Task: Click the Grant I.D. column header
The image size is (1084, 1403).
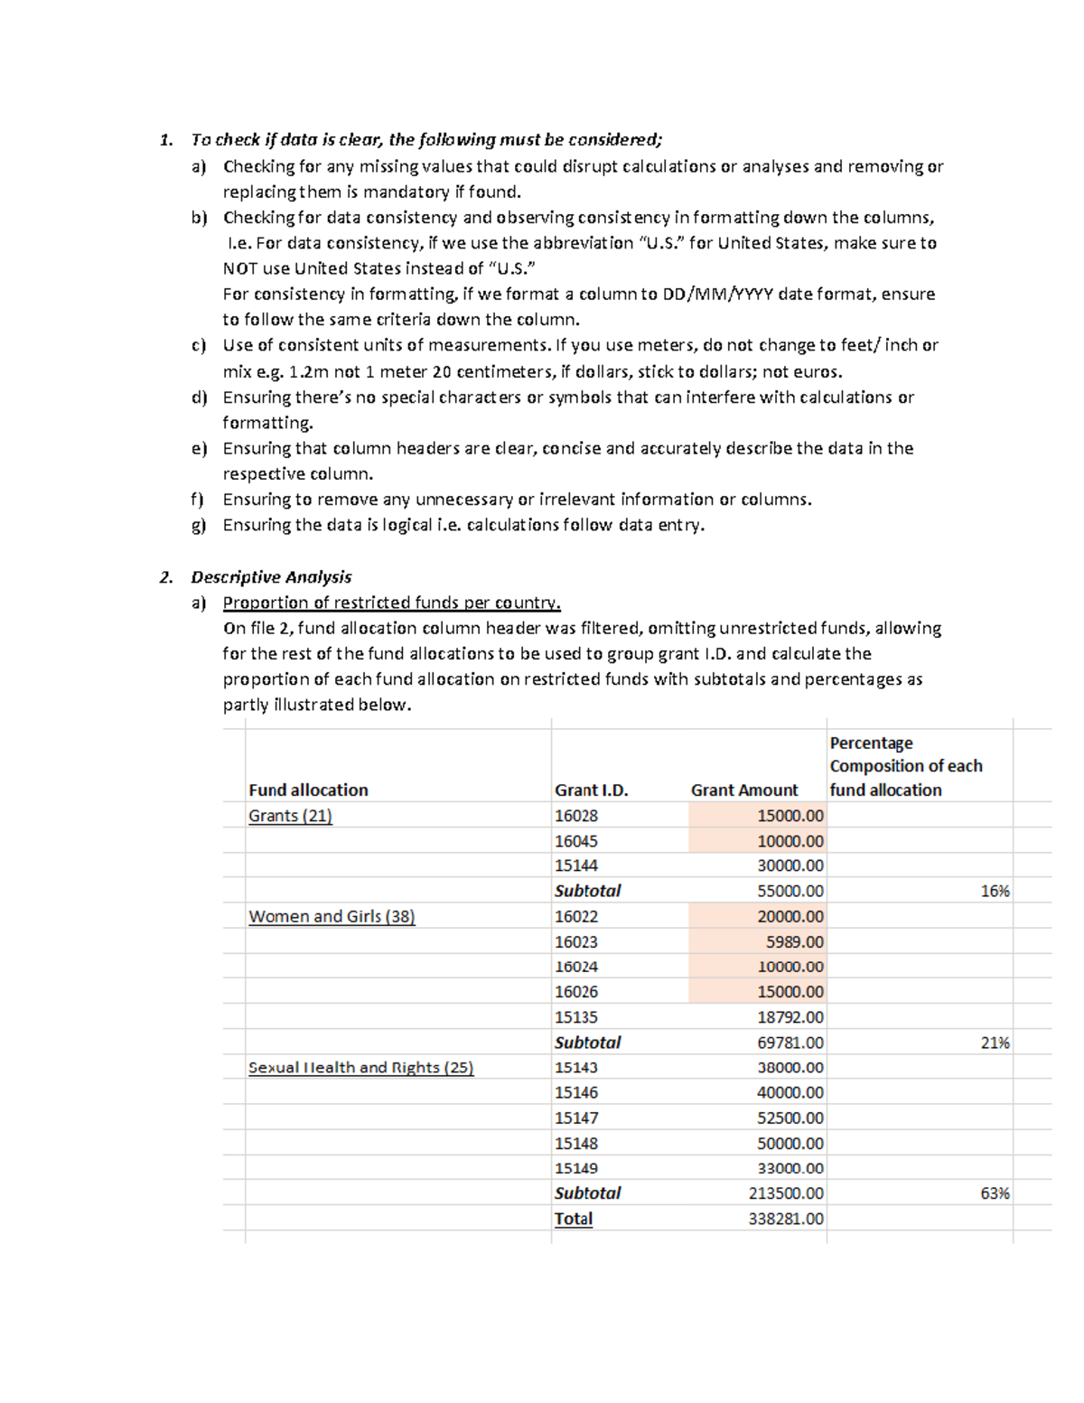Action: [x=591, y=790]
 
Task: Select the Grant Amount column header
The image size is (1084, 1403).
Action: [x=743, y=790]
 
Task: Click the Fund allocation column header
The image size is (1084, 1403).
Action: [x=308, y=790]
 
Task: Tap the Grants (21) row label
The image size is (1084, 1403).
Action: [x=290, y=816]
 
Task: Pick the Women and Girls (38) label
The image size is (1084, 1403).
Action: [x=332, y=916]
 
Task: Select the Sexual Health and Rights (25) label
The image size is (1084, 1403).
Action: [x=360, y=1067]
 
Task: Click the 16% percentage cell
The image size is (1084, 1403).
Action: [x=995, y=891]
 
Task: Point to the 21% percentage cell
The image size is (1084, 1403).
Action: [x=995, y=1043]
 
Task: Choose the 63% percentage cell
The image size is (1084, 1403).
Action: [x=995, y=1193]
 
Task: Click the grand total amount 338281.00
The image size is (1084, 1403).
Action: [x=786, y=1219]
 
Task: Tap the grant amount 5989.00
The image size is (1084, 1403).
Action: [x=794, y=941]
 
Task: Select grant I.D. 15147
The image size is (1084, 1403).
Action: [x=576, y=1118]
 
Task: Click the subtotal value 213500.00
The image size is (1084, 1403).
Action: [x=786, y=1193]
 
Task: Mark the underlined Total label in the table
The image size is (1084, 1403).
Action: [x=574, y=1219]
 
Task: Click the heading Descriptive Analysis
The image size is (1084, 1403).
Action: [x=271, y=576]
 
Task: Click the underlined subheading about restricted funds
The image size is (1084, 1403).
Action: [x=391, y=603]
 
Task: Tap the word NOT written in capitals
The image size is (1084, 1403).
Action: [x=240, y=268]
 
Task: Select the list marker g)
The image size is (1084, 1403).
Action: [x=199, y=525]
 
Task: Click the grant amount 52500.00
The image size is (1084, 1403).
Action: [x=790, y=1118]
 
